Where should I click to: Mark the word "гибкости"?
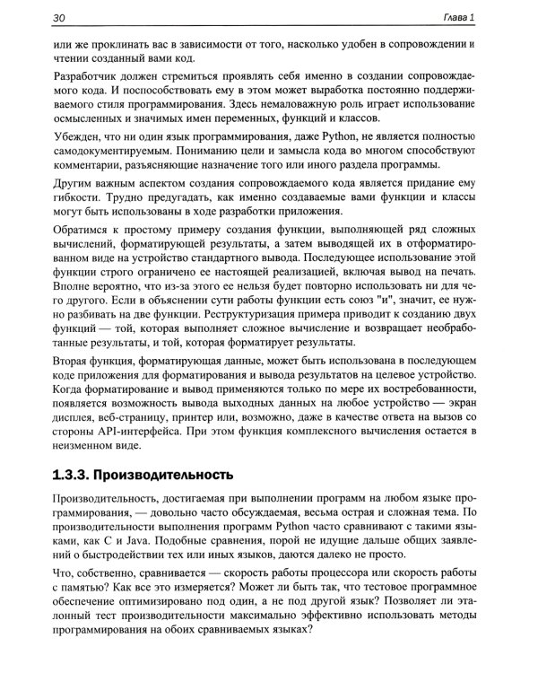(x=77, y=199)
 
